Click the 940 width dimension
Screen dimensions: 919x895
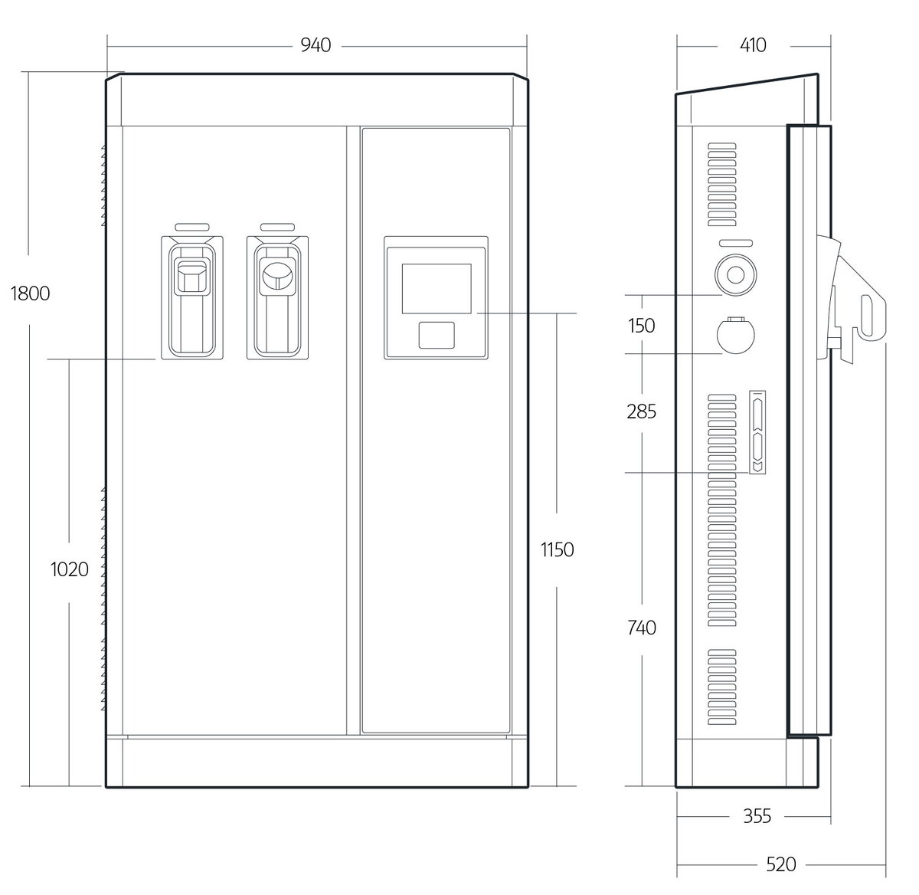[316, 45]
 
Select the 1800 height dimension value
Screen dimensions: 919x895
[30, 293]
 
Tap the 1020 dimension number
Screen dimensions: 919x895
[70, 569]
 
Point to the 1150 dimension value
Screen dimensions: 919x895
[558, 549]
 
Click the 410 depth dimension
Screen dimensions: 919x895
[753, 45]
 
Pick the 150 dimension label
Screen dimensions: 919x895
[641, 326]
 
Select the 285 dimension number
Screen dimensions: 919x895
[641, 411]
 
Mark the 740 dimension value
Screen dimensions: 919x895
[642, 628]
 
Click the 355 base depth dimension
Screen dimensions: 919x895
[757, 816]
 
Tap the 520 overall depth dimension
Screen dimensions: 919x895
[781, 864]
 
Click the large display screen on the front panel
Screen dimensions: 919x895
[437, 289]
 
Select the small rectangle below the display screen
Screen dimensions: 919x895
[437, 335]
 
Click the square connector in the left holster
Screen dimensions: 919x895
[191, 278]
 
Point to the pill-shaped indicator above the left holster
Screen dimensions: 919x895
[192, 228]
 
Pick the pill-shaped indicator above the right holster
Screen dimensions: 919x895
[278, 228]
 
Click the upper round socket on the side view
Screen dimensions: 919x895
[735, 275]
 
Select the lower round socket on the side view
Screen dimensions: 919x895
[735, 335]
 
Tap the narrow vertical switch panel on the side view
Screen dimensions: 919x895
[757, 432]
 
